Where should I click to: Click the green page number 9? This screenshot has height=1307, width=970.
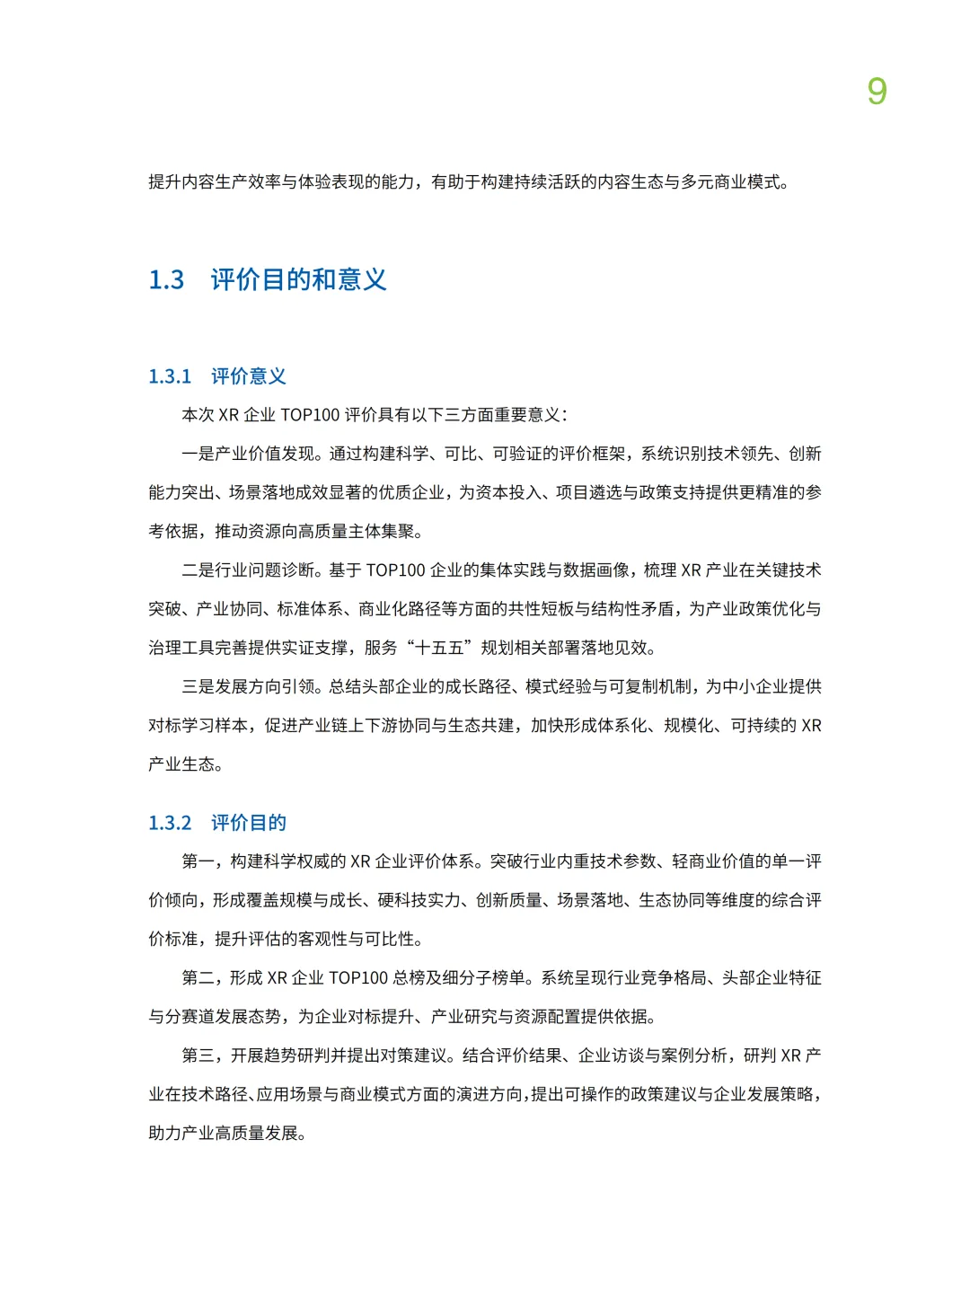[x=877, y=92]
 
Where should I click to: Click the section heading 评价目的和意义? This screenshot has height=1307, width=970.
[x=298, y=279]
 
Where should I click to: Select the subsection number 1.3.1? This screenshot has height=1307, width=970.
[x=170, y=376]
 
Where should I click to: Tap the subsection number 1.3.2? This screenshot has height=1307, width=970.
[x=170, y=823]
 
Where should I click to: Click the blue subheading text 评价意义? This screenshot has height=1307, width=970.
[x=249, y=376]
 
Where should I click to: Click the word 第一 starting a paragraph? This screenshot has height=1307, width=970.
[x=198, y=861]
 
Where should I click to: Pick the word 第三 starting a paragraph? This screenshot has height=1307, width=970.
[x=198, y=1055]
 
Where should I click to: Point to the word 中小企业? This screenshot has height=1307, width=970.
[x=755, y=686]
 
